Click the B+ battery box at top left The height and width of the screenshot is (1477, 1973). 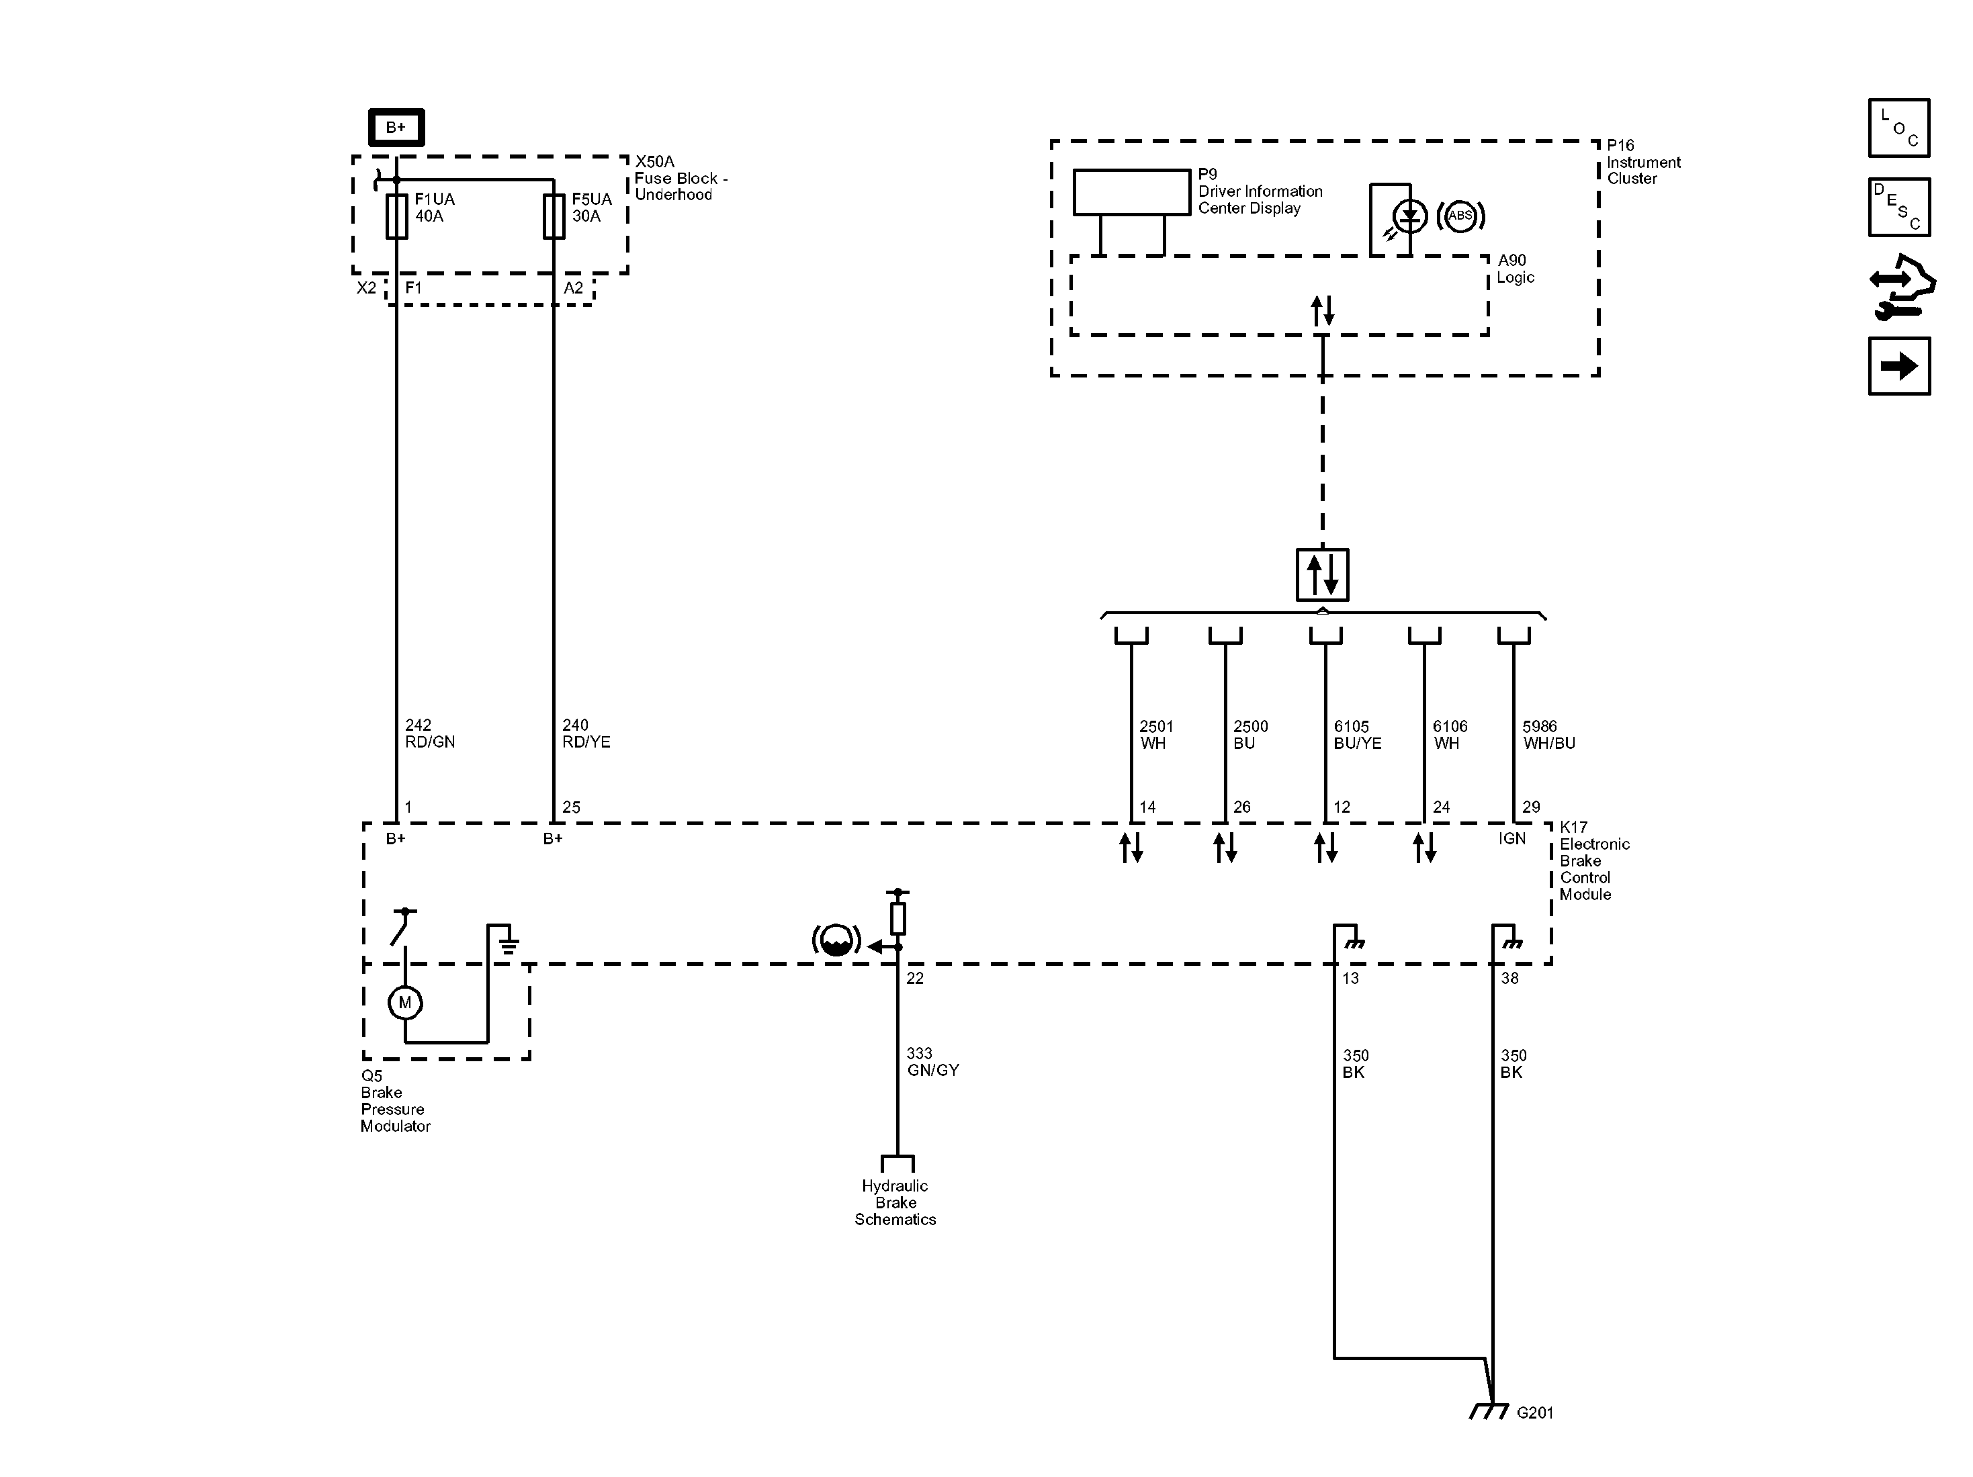pyautogui.click(x=396, y=128)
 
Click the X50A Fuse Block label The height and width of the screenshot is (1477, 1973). pyautogui.click(x=680, y=179)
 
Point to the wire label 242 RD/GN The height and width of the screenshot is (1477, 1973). pyautogui.click(x=429, y=733)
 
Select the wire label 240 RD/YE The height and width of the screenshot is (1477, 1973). pyautogui.click(x=586, y=733)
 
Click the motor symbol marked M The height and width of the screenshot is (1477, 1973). pyautogui.click(x=405, y=1003)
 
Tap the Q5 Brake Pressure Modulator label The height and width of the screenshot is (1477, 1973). pyautogui.click(x=395, y=1101)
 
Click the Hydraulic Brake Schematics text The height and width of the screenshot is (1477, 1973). pyautogui.click(x=895, y=1202)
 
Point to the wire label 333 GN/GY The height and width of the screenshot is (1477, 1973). pyautogui.click(x=932, y=1061)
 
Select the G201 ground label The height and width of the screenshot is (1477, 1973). pyautogui.click(x=1534, y=1413)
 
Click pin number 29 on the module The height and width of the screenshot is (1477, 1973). pyautogui.click(x=1530, y=807)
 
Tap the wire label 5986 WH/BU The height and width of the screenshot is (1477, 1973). pyautogui.click(x=1548, y=734)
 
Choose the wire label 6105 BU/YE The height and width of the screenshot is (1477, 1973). pyautogui.click(x=1357, y=734)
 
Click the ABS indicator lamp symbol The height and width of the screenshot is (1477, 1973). pyautogui.click(x=1460, y=216)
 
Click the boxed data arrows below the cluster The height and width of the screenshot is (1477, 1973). pyautogui.click(x=1322, y=575)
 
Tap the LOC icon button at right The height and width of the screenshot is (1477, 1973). pyautogui.click(x=1899, y=128)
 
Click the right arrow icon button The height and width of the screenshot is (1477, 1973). pyautogui.click(x=1899, y=365)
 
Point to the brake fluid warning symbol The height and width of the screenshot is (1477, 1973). pyautogui.click(x=836, y=941)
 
